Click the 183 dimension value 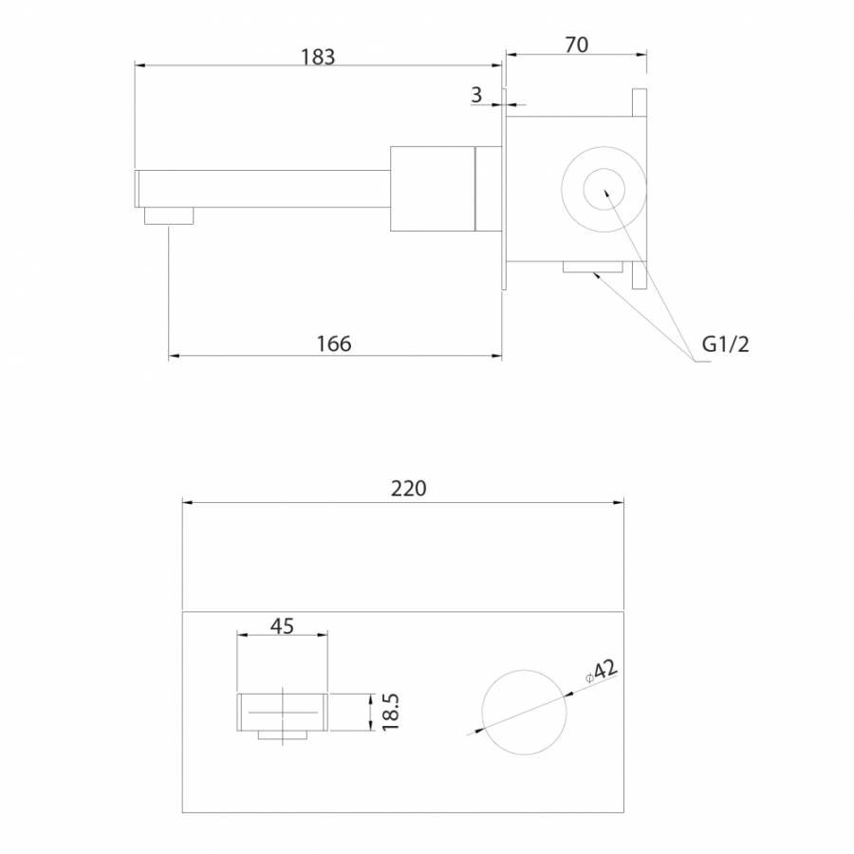pyautogui.click(x=318, y=57)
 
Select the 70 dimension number pyautogui.click(x=576, y=46)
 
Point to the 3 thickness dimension pyautogui.click(x=476, y=95)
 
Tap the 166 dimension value pyautogui.click(x=334, y=343)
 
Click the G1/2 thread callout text pyautogui.click(x=726, y=343)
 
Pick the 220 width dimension pyautogui.click(x=408, y=489)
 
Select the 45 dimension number pyautogui.click(x=282, y=626)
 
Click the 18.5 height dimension pyautogui.click(x=391, y=712)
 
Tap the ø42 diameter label pyautogui.click(x=602, y=671)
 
